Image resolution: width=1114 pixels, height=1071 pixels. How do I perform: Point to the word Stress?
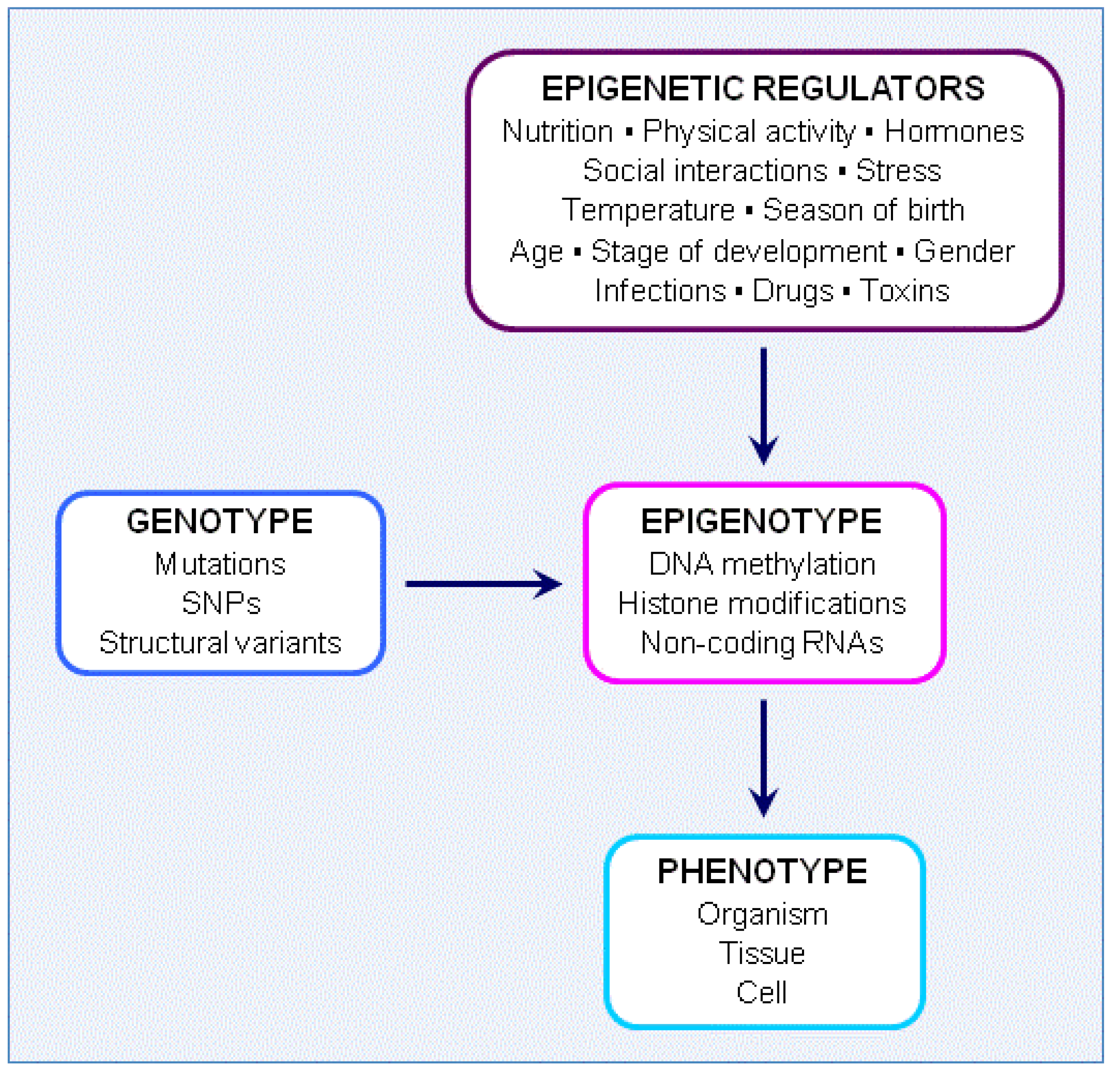pyautogui.click(x=899, y=171)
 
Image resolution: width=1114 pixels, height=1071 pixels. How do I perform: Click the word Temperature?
pyautogui.click(x=648, y=210)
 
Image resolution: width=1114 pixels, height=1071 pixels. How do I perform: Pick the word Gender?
pyautogui.click(x=964, y=252)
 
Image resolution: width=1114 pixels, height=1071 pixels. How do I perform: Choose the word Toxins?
pyautogui.click(x=904, y=291)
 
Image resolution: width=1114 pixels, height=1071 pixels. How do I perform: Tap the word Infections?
pyautogui.click(x=661, y=291)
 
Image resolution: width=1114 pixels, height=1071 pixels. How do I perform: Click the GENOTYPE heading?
pyautogui.click(x=219, y=521)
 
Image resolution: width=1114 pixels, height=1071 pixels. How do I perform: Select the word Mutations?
pyautogui.click(x=220, y=564)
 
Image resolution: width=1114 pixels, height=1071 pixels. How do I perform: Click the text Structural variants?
pyautogui.click(x=220, y=643)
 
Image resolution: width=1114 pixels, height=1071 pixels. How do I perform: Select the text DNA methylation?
pyautogui.click(x=762, y=564)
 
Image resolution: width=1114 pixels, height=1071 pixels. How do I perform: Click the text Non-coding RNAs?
pyautogui.click(x=762, y=643)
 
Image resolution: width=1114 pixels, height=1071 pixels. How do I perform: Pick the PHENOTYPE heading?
pyautogui.click(x=762, y=872)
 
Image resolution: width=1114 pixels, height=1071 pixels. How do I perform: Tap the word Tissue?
pyautogui.click(x=762, y=953)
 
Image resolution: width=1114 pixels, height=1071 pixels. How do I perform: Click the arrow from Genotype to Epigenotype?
pyautogui.click(x=483, y=584)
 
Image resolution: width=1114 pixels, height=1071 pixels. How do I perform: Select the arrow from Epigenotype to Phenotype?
pyautogui.click(x=763, y=756)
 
